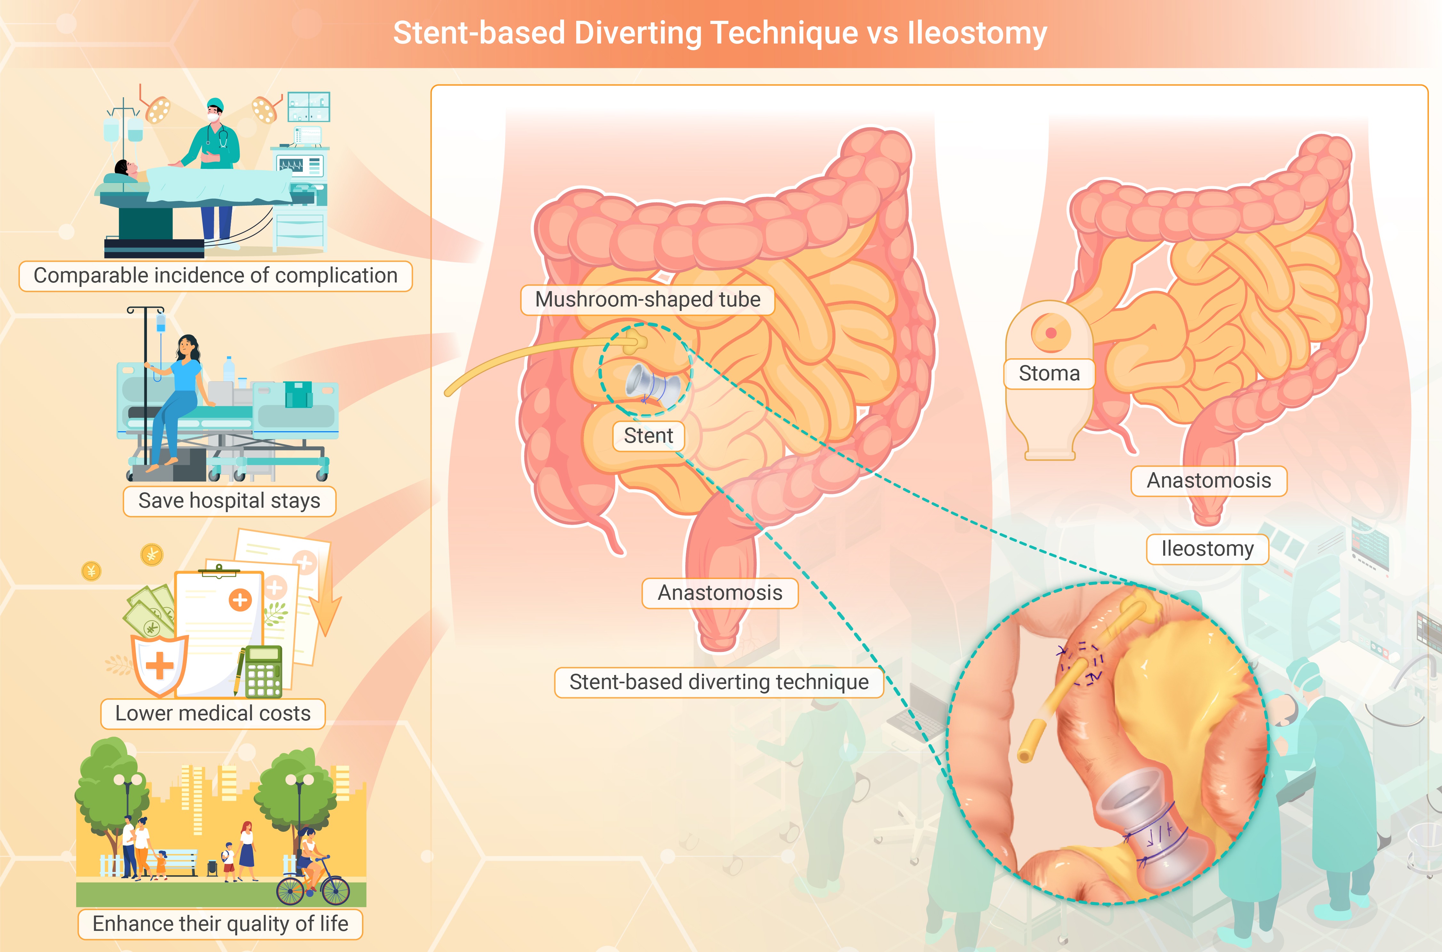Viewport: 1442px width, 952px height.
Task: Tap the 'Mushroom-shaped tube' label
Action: click(648, 299)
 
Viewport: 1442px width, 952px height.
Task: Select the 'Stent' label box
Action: click(648, 436)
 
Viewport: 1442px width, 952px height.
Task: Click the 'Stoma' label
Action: click(1049, 373)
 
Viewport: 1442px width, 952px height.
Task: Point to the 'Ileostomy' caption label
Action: click(1207, 549)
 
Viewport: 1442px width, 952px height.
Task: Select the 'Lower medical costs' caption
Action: click(213, 713)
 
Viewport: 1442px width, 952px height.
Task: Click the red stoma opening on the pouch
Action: click(1050, 333)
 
